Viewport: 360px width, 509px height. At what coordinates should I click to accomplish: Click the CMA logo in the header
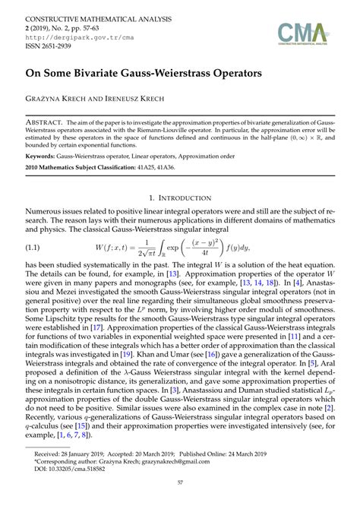[304, 32]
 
